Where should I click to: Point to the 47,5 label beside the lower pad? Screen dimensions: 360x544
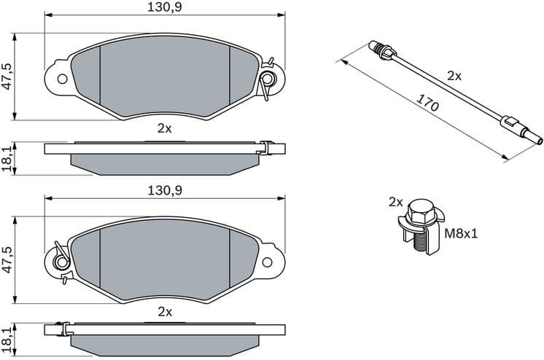pos(7,259)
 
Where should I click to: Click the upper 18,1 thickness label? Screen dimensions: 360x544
pos(7,158)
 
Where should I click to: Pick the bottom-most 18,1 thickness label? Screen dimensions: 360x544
pos(7,339)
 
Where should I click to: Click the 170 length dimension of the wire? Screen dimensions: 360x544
pos(428,103)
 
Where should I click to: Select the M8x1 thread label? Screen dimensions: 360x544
pos(462,235)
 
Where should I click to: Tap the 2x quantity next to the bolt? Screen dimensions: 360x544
pos(396,201)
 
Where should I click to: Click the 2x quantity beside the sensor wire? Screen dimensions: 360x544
pos(454,75)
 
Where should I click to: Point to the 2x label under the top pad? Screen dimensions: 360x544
pos(164,128)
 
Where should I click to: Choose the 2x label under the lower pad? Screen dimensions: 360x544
pos(164,311)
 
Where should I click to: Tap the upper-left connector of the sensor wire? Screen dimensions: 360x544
pos(381,51)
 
